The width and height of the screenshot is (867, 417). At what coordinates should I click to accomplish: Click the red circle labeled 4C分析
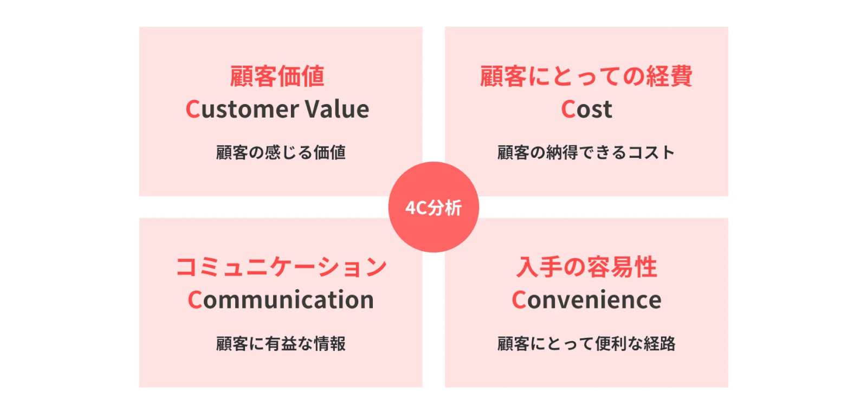pos(433,207)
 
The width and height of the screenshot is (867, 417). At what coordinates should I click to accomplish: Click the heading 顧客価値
pos(277,76)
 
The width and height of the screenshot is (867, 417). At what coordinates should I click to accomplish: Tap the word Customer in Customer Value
pos(242,109)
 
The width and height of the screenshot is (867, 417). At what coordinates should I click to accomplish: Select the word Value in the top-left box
pos(337,109)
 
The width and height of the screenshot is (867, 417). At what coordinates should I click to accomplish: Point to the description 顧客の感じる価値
pos(281,152)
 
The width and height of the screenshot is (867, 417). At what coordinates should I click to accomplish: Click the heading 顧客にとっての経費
pos(586,76)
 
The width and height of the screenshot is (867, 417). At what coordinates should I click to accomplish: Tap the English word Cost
pos(586,109)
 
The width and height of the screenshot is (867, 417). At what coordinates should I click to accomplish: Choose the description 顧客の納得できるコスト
pos(586,152)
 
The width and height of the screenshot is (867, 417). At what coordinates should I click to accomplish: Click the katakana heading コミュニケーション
pos(281,267)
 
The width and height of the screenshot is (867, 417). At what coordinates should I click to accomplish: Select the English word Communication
pos(281,300)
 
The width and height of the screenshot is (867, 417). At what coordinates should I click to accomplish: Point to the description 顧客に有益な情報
pos(281,343)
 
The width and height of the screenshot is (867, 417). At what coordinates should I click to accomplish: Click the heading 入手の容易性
pos(586,267)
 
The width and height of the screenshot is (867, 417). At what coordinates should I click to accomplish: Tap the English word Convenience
pos(586,300)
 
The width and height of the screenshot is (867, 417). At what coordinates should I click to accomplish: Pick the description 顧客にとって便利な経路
pos(586,343)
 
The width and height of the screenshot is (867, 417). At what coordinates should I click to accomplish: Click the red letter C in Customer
pos(193,109)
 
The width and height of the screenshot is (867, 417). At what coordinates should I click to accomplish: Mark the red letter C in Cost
pos(568,109)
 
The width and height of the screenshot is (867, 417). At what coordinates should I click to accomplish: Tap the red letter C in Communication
pos(195,300)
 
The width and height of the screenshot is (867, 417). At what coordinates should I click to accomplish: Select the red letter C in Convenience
pos(519,300)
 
